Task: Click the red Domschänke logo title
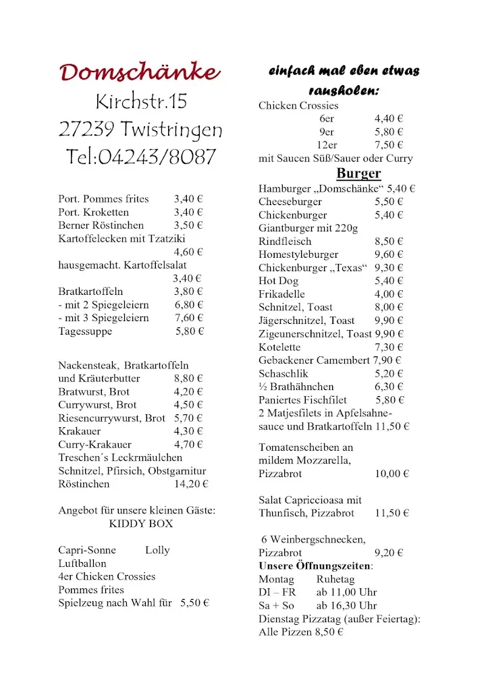click(140, 72)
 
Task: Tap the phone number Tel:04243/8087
click(141, 157)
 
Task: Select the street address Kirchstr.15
click(141, 102)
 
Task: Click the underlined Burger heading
click(358, 174)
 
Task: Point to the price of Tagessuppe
click(190, 331)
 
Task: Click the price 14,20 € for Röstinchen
click(191, 484)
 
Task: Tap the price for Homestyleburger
click(389, 254)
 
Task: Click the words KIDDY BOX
click(140, 524)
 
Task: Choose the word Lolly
click(157, 550)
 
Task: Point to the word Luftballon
click(82, 563)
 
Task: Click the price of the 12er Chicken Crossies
click(389, 145)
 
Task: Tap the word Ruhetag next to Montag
click(335, 579)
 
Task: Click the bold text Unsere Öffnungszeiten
click(315, 565)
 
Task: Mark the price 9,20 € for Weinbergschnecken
click(389, 553)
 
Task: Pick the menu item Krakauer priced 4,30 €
click(80, 431)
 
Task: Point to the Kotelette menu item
click(279, 347)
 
